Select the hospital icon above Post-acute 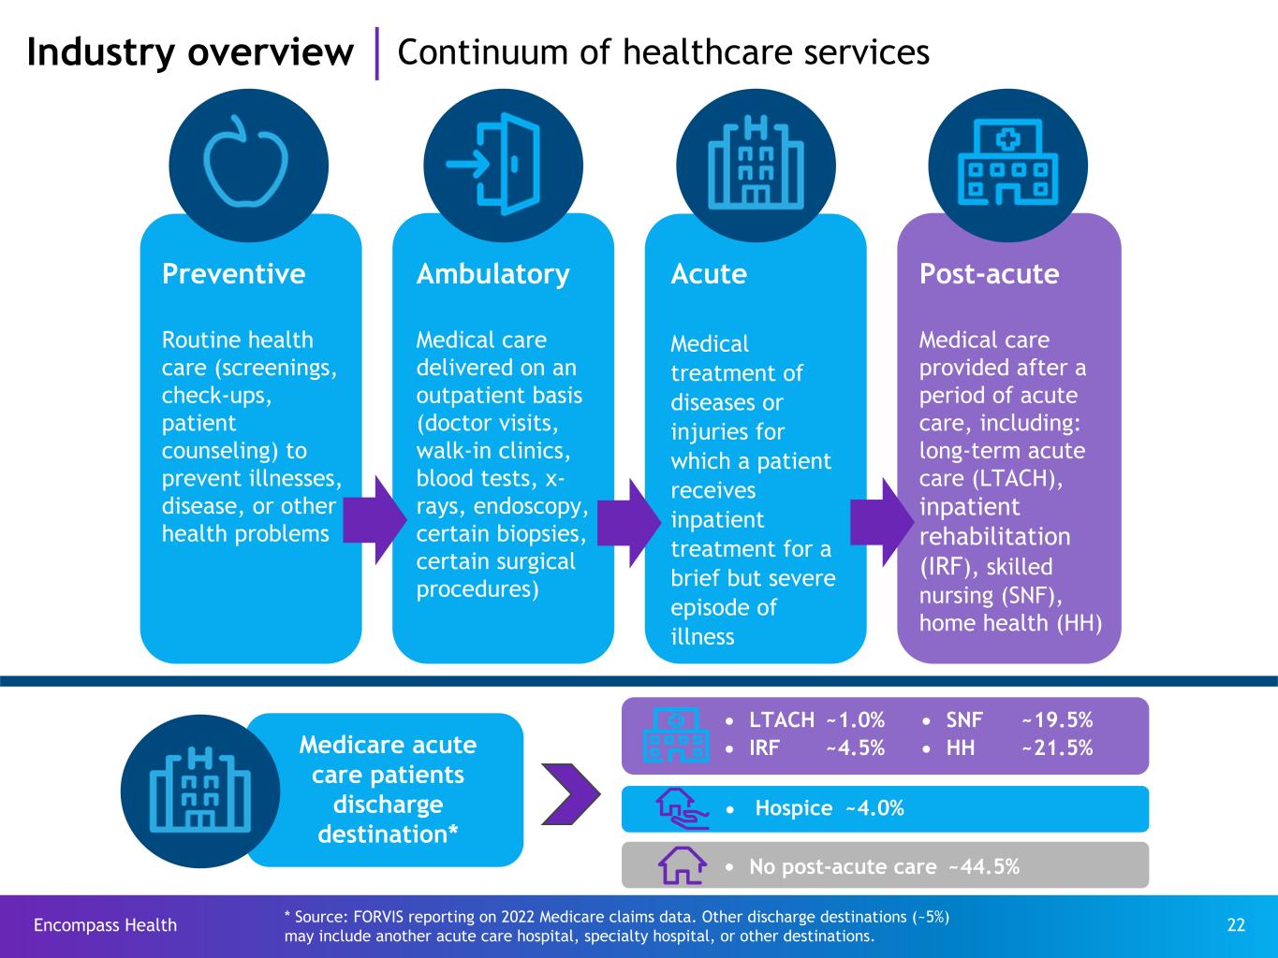1007,162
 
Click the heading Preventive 233,273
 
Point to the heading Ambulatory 493,274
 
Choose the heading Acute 709,273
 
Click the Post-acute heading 990,273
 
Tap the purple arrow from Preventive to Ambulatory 375,520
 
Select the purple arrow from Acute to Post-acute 882,522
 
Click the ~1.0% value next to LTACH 856,720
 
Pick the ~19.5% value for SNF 1057,720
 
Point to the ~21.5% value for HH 1057,748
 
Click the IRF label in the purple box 765,748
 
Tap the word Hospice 794,808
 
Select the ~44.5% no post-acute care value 984,866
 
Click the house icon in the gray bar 683,865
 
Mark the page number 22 1236,925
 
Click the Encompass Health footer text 105,925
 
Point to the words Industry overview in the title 190,52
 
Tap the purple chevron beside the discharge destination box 570,794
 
